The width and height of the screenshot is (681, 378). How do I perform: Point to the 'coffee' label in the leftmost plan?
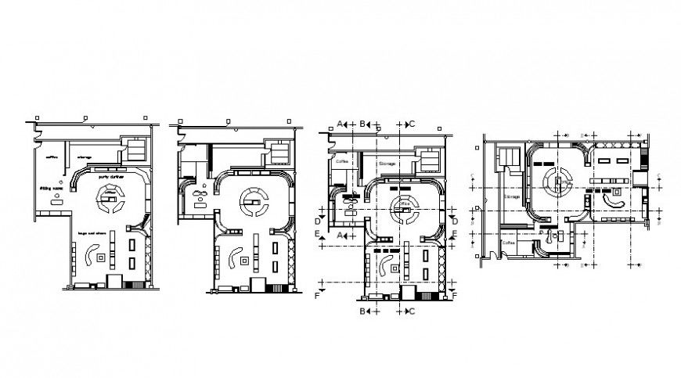(x=52, y=157)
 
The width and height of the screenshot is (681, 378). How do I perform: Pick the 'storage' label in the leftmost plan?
(x=85, y=157)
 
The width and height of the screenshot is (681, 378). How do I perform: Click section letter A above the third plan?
(x=340, y=124)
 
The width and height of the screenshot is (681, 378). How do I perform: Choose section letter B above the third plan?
(x=364, y=124)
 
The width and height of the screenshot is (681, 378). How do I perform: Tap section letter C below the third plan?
(x=412, y=311)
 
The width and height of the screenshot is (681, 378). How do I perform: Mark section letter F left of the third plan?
(x=317, y=296)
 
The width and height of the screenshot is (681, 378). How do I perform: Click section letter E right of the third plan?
(x=455, y=233)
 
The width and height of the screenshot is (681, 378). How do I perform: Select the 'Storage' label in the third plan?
(x=388, y=164)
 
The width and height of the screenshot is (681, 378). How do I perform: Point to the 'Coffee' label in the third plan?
(x=342, y=161)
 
